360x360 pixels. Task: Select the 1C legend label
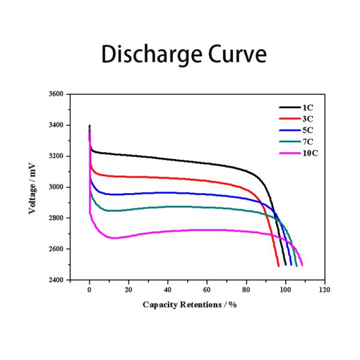[308, 107]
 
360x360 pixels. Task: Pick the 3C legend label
[308, 118]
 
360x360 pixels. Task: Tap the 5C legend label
[308, 130]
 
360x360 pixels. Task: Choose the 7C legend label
[308, 142]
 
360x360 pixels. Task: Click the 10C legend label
[310, 154]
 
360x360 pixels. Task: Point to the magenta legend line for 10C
[290, 154]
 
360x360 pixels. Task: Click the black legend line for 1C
[290, 107]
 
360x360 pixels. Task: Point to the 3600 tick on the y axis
[55, 94]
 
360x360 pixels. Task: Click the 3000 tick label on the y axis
[55, 187]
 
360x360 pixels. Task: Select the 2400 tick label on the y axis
[55, 280]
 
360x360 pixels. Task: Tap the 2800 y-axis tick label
[55, 218]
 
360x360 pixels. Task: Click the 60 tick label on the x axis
[207, 290]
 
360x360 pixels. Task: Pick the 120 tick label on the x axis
[325, 290]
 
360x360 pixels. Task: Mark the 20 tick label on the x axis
[128, 290]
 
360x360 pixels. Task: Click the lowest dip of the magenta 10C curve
[114, 238]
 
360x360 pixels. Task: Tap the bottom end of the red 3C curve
[278, 265]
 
